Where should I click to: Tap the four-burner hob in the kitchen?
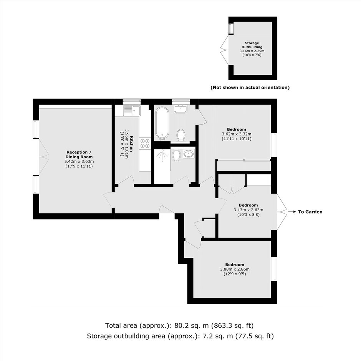[x=145, y=143]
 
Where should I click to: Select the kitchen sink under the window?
[x=131, y=111]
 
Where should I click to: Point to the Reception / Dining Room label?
[x=79, y=154]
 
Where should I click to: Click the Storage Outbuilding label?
[x=252, y=45]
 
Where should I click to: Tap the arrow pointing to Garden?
[x=292, y=212]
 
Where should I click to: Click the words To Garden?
[x=310, y=212]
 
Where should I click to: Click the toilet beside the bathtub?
[x=181, y=135]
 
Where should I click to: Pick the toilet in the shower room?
[x=177, y=155]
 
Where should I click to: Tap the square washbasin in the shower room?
[x=189, y=154]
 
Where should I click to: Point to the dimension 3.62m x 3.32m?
[x=237, y=134]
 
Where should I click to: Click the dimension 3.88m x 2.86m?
[x=235, y=269]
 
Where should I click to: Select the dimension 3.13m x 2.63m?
[x=248, y=210]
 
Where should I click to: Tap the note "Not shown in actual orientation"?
[x=250, y=88]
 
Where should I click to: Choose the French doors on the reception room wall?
[x=44, y=157]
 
